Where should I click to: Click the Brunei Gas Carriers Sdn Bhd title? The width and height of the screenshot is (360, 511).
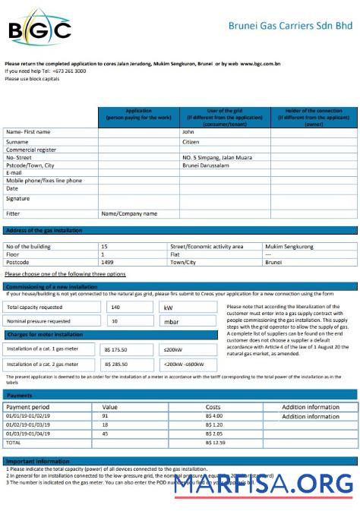coord(290,25)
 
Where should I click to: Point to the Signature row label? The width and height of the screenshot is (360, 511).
coord(18,198)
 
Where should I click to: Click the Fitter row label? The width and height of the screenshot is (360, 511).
coord(13,213)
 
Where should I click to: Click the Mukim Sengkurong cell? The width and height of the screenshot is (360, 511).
coord(289,247)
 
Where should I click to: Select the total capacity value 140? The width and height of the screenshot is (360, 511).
coord(115,308)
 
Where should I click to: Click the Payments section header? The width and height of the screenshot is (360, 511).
coord(20,396)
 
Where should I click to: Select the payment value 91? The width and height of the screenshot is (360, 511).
coord(105,416)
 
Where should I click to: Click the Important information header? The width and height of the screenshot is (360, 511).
coord(38,462)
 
